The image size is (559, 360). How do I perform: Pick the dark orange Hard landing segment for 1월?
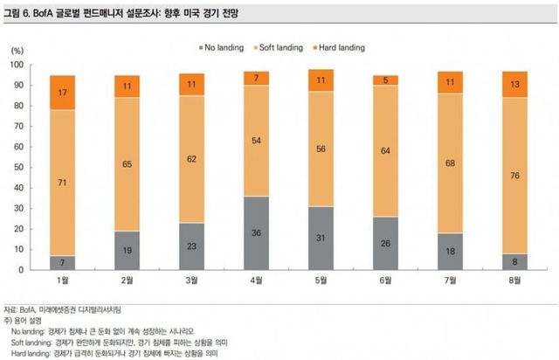tap(62, 93)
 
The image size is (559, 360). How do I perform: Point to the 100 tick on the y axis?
tap(17, 66)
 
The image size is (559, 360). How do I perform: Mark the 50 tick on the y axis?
tap(19, 168)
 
